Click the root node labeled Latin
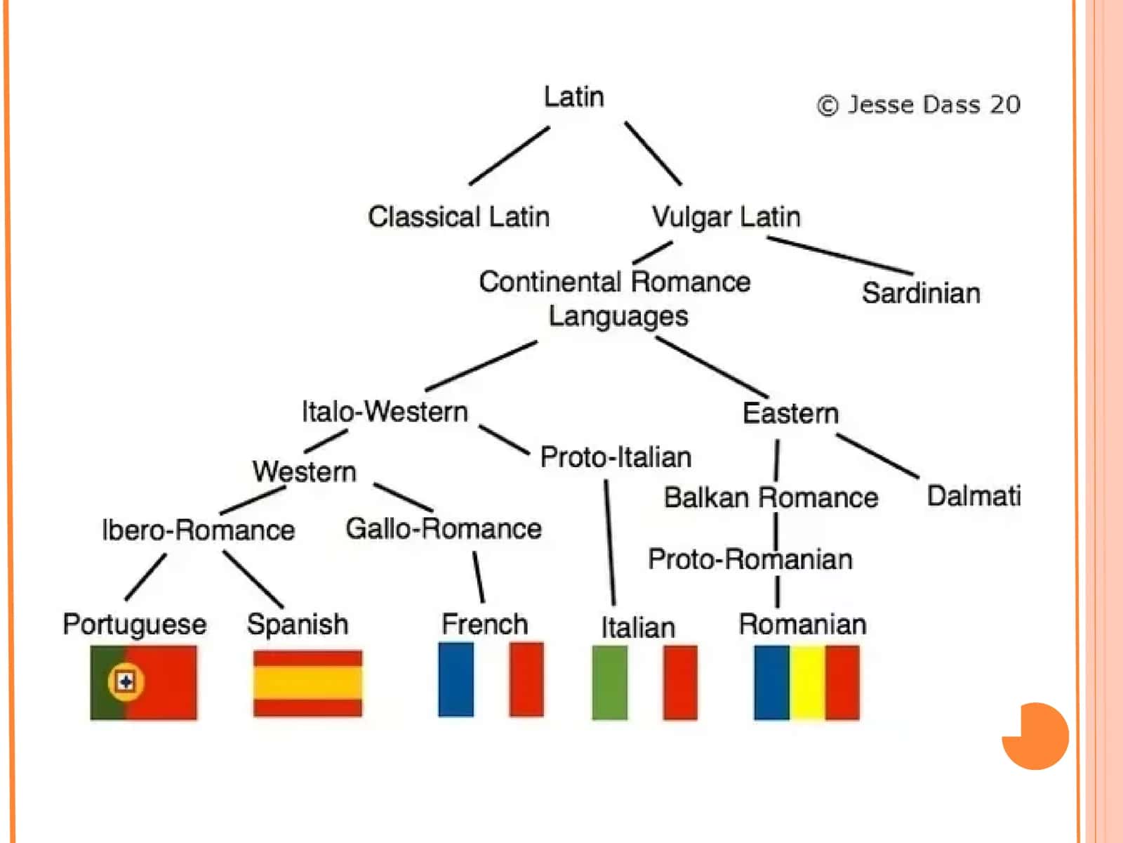(x=573, y=97)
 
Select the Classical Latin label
(x=459, y=216)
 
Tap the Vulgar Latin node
(x=726, y=217)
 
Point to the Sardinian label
(x=921, y=293)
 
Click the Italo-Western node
(x=385, y=412)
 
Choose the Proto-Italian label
(x=616, y=457)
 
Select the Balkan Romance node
(x=771, y=497)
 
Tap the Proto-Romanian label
(x=750, y=559)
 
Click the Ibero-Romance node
(x=199, y=530)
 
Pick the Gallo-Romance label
(x=444, y=529)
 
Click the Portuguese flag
(x=143, y=682)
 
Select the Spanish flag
(x=307, y=684)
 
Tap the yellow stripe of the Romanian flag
(x=807, y=682)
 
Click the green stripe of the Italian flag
(x=610, y=682)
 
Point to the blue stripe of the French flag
(x=456, y=679)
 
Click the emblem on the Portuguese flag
(x=126, y=681)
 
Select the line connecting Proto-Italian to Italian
(x=610, y=542)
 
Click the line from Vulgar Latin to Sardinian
(x=839, y=256)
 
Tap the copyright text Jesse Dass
(x=914, y=105)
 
